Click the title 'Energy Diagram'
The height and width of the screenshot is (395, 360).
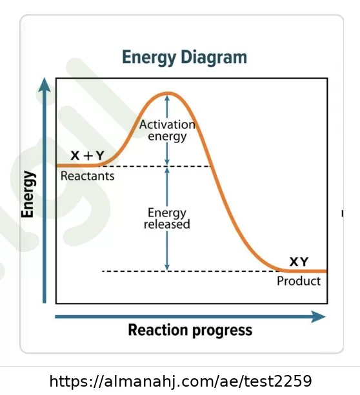click(185, 58)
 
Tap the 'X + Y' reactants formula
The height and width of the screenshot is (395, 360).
click(87, 155)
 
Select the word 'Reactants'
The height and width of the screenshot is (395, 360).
click(87, 176)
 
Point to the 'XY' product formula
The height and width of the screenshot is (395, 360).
click(299, 262)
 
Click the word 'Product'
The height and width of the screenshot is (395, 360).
click(299, 281)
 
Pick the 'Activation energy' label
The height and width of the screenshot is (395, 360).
click(167, 131)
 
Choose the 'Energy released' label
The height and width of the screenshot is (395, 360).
click(167, 218)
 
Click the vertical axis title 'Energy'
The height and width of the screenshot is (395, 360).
click(28, 194)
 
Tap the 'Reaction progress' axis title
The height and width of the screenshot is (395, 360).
click(190, 331)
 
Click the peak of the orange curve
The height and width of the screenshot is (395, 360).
click(168, 93)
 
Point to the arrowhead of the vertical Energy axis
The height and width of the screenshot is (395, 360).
click(45, 84)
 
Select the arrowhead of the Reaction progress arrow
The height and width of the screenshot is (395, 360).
click(318, 316)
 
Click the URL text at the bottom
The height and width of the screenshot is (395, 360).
click(181, 381)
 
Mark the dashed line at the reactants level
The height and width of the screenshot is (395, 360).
click(155, 166)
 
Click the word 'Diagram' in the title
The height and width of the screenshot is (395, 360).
click(214, 58)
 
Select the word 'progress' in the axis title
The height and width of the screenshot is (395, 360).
click(223, 331)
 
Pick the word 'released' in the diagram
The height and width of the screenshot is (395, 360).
click(167, 224)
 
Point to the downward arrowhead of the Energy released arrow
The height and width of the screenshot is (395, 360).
click(167, 267)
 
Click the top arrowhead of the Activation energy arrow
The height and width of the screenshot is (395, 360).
click(167, 98)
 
